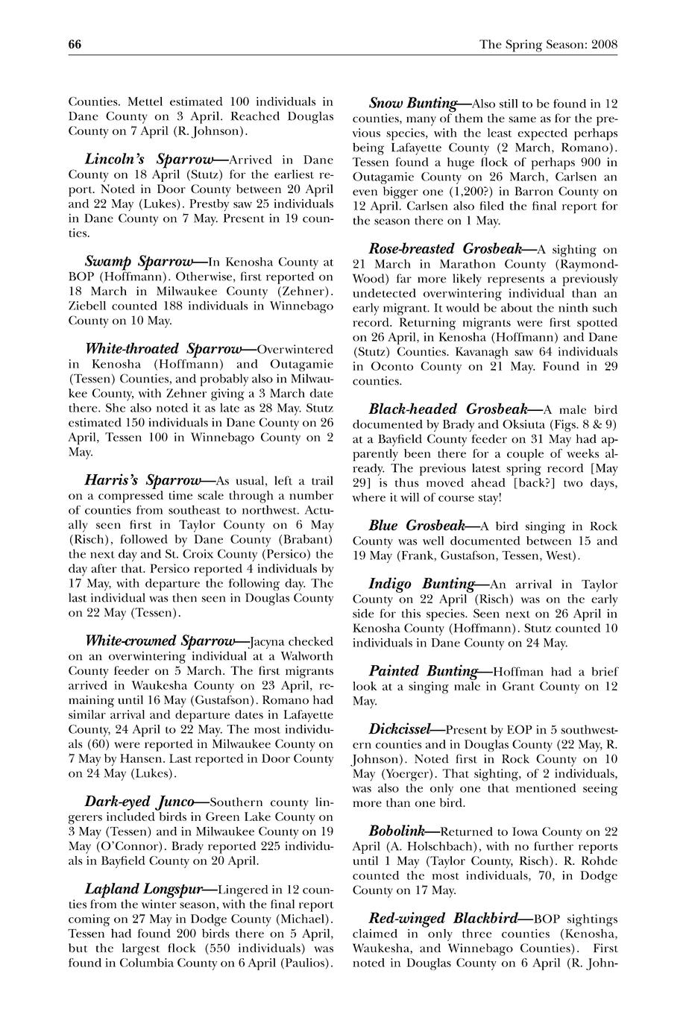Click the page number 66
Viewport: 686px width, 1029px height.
click(x=75, y=45)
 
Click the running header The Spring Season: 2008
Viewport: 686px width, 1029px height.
click(x=548, y=45)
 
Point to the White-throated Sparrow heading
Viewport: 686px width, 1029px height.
click(x=163, y=349)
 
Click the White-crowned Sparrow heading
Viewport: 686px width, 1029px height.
click(x=160, y=641)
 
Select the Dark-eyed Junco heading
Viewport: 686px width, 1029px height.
click(x=139, y=802)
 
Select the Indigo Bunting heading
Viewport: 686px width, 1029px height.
click(x=421, y=584)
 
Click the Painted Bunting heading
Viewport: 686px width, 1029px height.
click(x=423, y=671)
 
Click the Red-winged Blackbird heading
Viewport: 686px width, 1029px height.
click(x=448, y=918)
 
